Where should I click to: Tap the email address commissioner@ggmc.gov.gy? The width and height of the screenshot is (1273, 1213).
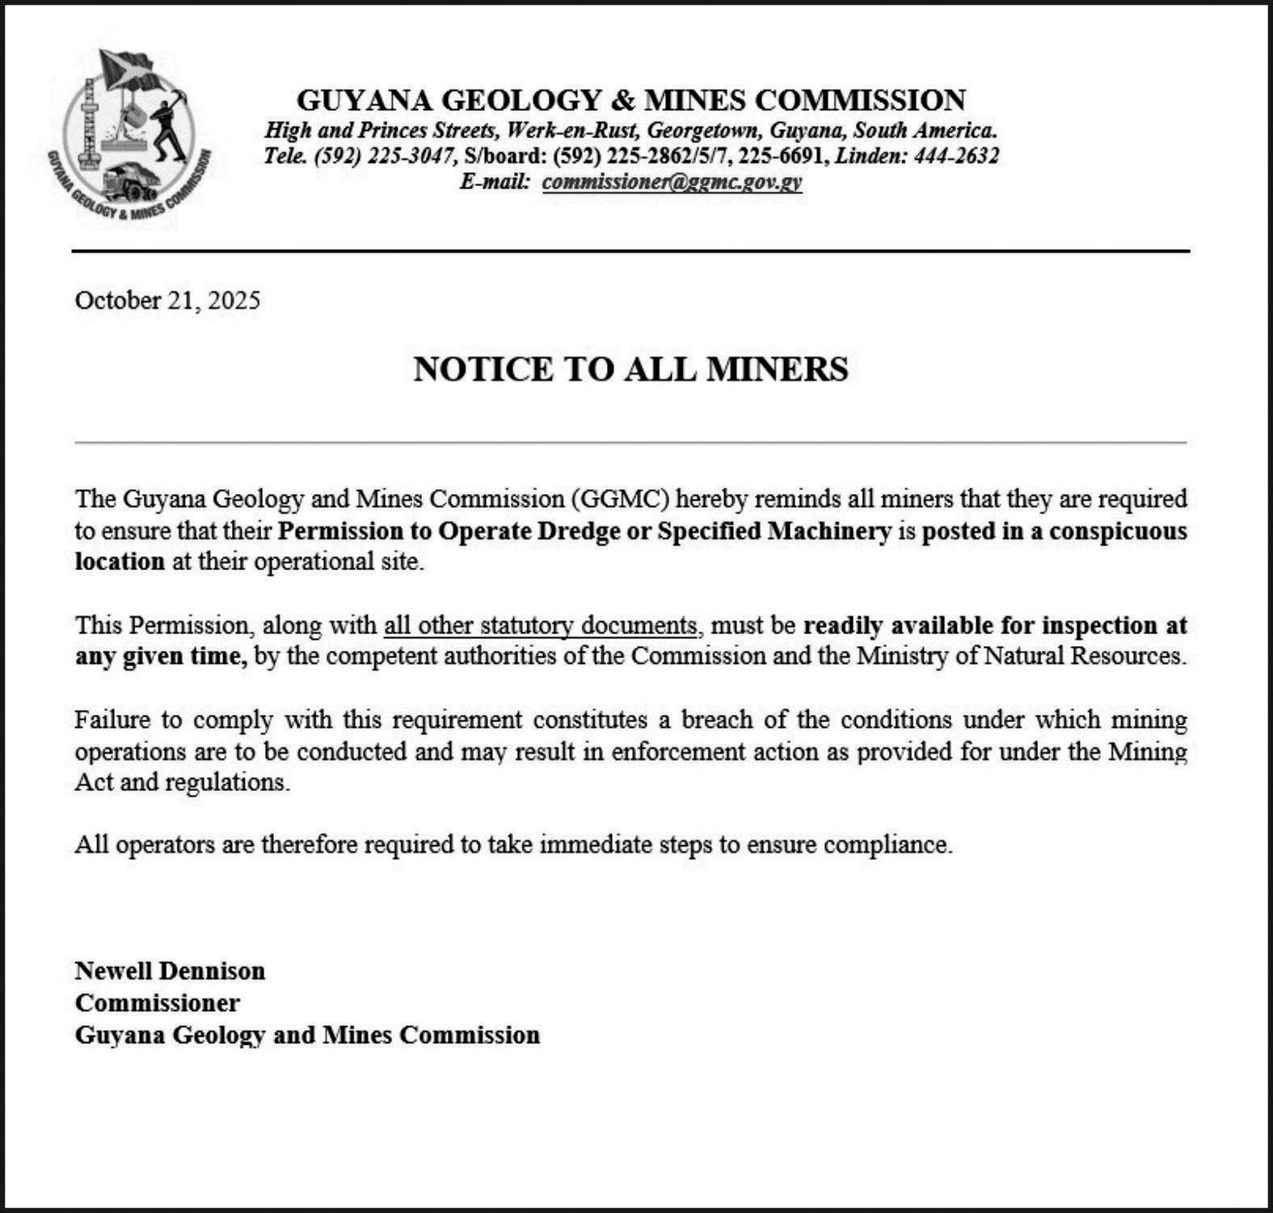(672, 182)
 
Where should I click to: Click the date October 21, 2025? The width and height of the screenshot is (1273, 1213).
(167, 301)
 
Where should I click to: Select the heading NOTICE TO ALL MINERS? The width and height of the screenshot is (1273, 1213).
(630, 370)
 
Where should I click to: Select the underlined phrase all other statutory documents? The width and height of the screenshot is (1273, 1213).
(540, 626)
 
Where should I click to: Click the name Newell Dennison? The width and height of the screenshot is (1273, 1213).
(170, 970)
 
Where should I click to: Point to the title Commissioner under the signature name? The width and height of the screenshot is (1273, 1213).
(158, 1003)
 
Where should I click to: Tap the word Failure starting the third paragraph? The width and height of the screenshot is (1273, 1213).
(110, 720)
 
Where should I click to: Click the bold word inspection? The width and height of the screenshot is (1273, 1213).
(1099, 626)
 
